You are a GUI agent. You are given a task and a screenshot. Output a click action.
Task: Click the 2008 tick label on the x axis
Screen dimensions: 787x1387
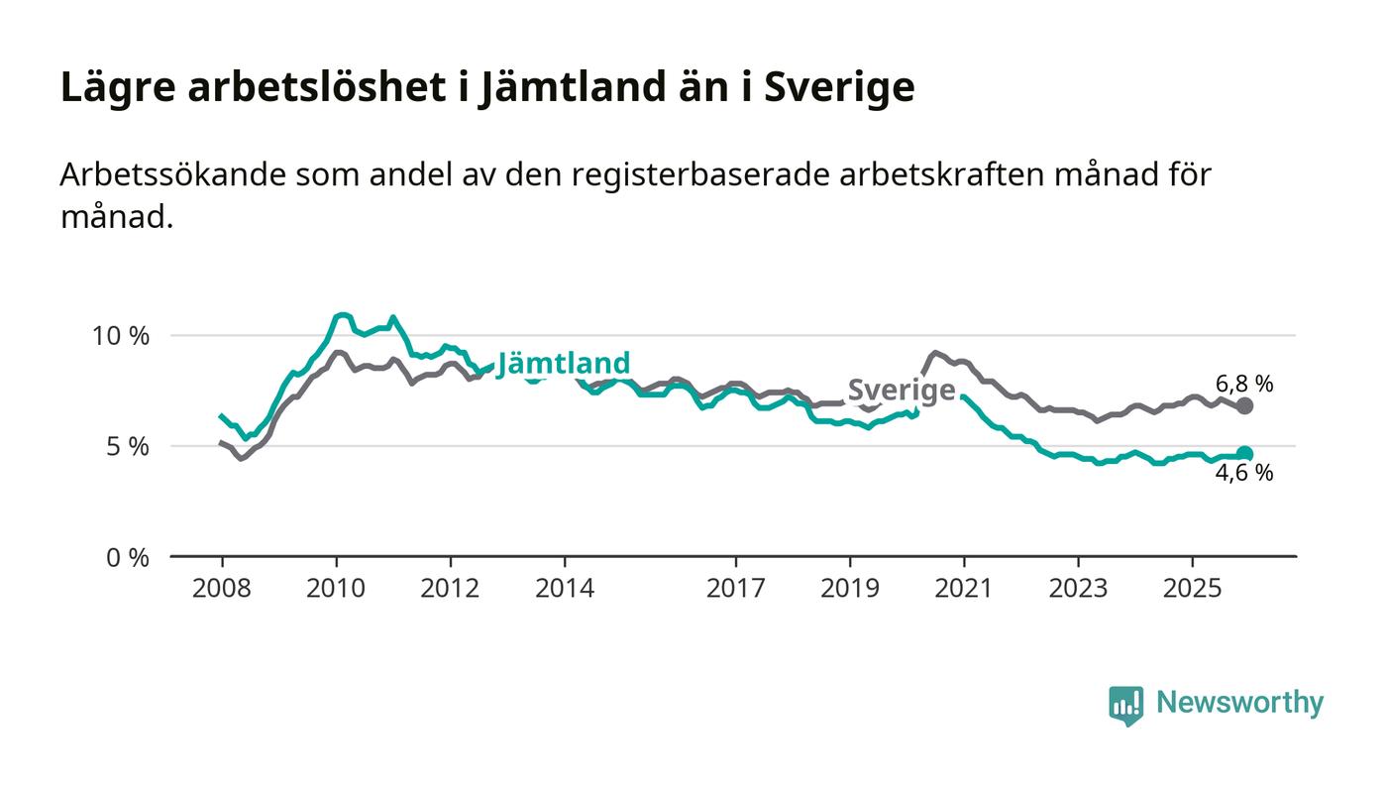[x=222, y=589]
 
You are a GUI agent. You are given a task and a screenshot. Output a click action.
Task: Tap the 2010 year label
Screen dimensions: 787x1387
[x=336, y=589]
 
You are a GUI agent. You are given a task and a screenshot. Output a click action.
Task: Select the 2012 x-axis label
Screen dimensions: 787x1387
[x=450, y=589]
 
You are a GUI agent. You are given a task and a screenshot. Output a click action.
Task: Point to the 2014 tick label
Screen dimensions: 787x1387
[x=565, y=589]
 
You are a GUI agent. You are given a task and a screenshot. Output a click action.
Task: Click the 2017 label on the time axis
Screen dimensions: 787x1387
[x=735, y=589]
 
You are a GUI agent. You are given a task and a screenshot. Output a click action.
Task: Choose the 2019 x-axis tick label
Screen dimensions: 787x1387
[x=849, y=589]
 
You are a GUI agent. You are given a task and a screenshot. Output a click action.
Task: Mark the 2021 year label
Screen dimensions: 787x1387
[x=964, y=589]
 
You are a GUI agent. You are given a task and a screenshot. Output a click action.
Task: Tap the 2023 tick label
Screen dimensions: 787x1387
[x=1078, y=589]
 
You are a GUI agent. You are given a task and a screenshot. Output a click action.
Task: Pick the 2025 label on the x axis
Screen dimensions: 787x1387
[x=1192, y=589]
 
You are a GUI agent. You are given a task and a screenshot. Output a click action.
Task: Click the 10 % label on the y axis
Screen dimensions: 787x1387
[x=121, y=336]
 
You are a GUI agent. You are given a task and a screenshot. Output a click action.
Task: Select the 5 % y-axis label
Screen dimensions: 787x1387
[x=129, y=447]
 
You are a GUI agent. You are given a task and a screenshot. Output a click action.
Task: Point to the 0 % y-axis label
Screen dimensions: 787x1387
[x=129, y=558]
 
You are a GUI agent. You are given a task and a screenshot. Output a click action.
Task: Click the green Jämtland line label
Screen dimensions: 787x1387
[x=563, y=364]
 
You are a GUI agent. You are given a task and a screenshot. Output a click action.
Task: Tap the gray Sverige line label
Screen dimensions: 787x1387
[x=902, y=391]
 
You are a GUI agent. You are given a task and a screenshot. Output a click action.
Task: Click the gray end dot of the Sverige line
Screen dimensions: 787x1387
[x=1245, y=405]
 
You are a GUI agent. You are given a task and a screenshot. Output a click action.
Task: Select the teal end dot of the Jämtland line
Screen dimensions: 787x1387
[x=1245, y=454]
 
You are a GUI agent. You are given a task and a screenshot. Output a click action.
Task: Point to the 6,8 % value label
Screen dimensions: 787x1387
[x=1244, y=384]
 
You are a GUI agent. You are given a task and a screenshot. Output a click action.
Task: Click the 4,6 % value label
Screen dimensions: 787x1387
[x=1244, y=474]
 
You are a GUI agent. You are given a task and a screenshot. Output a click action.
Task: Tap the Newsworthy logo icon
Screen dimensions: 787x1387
[x=1125, y=705]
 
